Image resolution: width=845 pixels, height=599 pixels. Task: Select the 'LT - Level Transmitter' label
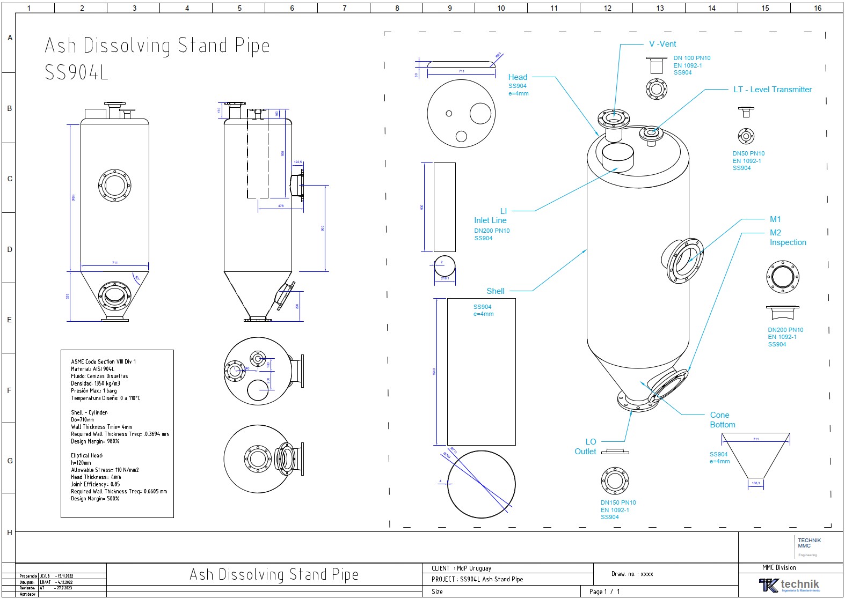click(x=772, y=90)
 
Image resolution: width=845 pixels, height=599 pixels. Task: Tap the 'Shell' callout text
click(x=495, y=291)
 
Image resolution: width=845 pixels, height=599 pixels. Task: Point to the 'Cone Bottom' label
click(x=722, y=420)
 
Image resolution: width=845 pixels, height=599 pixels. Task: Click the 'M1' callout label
click(x=775, y=219)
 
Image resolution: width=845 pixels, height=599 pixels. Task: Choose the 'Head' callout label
click(x=518, y=77)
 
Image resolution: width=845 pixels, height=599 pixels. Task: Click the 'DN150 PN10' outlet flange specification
click(x=618, y=503)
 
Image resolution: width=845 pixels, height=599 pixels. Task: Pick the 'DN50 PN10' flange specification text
click(x=748, y=153)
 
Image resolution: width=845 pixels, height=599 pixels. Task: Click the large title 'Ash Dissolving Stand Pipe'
click(x=157, y=46)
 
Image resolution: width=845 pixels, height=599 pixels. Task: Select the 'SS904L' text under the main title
click(x=77, y=72)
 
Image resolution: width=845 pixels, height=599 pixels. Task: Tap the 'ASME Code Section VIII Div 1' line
click(x=104, y=361)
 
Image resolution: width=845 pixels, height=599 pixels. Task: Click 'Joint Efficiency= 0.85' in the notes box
click(x=96, y=484)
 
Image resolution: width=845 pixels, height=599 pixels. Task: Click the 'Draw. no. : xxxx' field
click(x=632, y=574)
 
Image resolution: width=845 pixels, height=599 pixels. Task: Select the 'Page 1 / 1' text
click(x=604, y=591)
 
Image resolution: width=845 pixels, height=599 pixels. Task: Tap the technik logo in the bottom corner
click(x=789, y=585)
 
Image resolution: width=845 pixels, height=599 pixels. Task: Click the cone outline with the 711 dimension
click(x=755, y=456)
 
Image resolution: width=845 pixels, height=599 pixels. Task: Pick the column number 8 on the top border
click(x=397, y=8)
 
